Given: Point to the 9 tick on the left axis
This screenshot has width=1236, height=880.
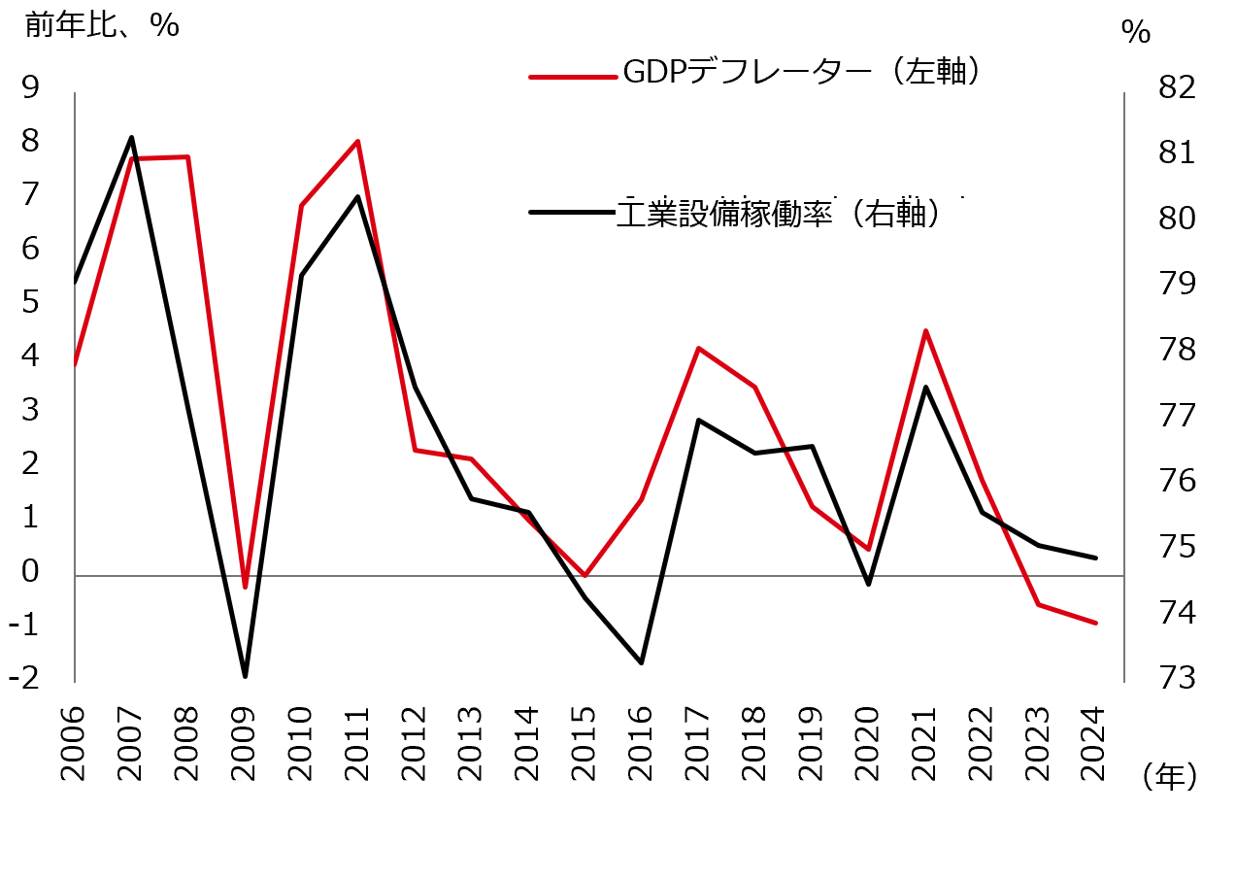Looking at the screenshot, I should click(x=29, y=87).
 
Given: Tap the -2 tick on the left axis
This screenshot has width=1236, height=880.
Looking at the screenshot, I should click(x=23, y=678).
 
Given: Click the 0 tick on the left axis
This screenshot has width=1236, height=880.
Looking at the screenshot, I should click(x=29, y=571).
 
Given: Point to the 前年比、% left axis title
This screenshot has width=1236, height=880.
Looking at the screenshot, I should click(x=102, y=25).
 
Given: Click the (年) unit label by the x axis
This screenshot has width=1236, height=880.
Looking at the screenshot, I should click(x=1169, y=775).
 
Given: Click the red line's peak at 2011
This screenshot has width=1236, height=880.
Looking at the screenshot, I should click(x=358, y=142).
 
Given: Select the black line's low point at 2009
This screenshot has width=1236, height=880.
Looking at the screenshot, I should click(x=245, y=676).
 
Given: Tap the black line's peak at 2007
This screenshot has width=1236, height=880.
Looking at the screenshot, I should click(x=132, y=138).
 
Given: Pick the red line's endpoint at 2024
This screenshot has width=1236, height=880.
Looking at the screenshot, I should click(x=1096, y=623).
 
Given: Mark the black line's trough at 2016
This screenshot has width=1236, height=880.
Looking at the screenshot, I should click(x=642, y=662).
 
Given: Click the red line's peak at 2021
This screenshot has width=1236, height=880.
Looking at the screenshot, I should click(x=926, y=331).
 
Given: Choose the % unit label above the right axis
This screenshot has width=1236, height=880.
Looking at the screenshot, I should click(x=1135, y=32).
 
